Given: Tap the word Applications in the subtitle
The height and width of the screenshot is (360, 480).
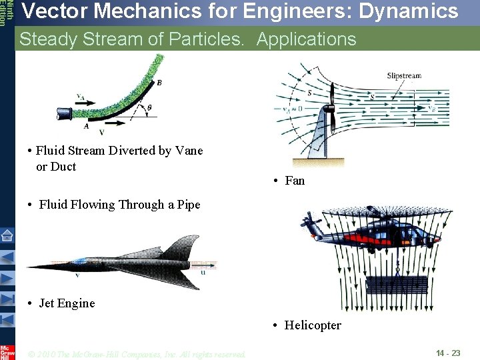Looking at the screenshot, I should [x=306, y=39].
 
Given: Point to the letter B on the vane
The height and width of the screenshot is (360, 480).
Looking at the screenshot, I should [x=159, y=83].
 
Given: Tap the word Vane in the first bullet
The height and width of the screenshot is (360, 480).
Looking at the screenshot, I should [x=189, y=151].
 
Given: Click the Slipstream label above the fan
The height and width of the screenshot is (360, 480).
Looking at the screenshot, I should [x=404, y=76].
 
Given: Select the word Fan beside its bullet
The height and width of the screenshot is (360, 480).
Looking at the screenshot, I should [x=295, y=181].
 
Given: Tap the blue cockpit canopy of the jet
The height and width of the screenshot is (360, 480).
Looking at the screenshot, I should [x=80, y=261].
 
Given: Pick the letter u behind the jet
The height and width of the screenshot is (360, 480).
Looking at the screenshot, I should [x=203, y=271].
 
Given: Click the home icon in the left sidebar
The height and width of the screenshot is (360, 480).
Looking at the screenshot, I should [x=7, y=235].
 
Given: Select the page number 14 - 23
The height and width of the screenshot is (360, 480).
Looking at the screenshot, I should [x=448, y=353].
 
